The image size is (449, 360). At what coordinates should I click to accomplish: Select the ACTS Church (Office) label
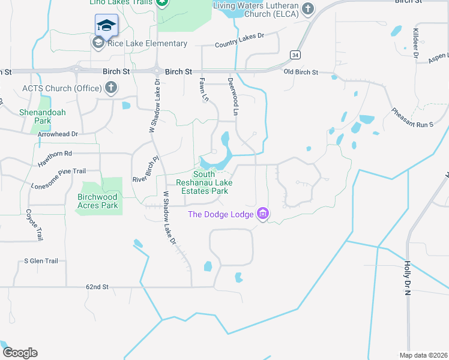(x=62, y=89)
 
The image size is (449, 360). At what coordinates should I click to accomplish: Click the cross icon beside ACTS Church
(x=110, y=89)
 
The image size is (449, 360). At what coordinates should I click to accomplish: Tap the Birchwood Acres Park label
(x=98, y=201)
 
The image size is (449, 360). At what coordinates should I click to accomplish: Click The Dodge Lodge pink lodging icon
(x=262, y=213)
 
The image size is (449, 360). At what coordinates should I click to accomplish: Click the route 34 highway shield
(x=295, y=55)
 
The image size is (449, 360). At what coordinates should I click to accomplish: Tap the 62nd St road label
(x=97, y=287)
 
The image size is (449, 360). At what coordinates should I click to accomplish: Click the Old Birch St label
(x=301, y=73)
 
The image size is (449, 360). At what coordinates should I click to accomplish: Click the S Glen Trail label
(x=41, y=261)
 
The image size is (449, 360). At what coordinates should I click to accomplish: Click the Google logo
(x=20, y=353)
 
